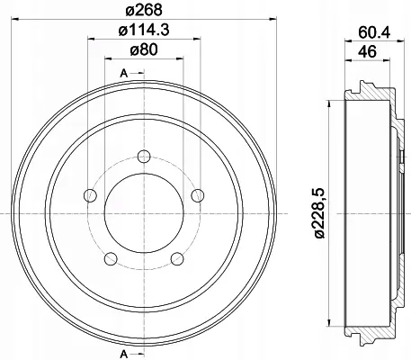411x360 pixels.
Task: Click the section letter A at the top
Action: pos(124,72)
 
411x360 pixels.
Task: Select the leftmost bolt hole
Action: pos(87,194)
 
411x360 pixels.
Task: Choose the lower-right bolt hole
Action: pos(176,259)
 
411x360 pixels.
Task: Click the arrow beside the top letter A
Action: pos(135,72)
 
